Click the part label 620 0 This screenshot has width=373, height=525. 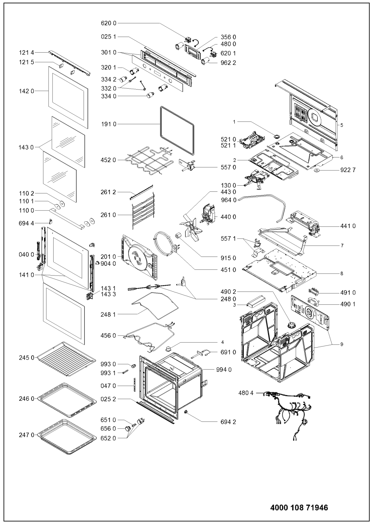(x=109, y=23)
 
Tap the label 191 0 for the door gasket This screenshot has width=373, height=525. (x=109, y=124)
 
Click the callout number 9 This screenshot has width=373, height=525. (x=341, y=344)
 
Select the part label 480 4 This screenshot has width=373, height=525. (x=246, y=393)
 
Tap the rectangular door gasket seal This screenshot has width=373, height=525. (x=177, y=131)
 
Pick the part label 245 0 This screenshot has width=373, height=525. (x=26, y=358)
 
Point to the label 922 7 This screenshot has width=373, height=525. (x=348, y=170)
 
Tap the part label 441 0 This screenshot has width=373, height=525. (x=348, y=226)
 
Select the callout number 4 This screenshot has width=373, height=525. (x=222, y=342)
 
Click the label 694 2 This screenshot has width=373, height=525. (x=228, y=422)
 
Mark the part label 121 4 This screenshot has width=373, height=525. (x=26, y=53)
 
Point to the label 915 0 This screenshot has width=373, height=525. (x=228, y=258)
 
